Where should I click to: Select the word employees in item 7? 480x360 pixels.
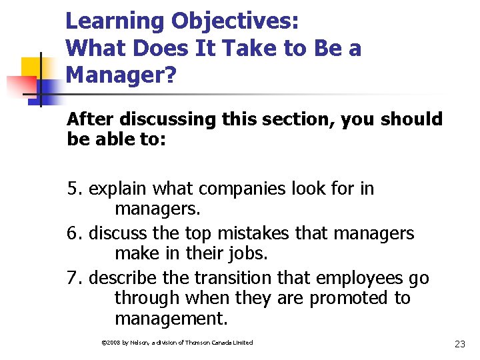(357, 278)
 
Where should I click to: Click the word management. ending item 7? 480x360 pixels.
(171, 318)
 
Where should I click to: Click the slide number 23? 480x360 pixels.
(459, 344)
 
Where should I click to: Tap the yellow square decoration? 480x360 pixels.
(32, 69)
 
